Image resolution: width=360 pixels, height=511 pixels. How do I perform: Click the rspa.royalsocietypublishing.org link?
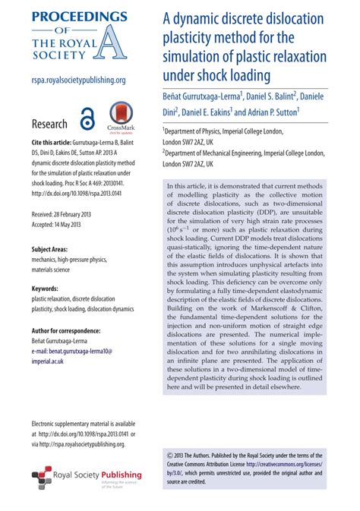pos(78,79)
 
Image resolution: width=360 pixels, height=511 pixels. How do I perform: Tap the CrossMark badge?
pos(121,118)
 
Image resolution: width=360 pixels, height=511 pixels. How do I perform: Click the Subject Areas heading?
pos(53,249)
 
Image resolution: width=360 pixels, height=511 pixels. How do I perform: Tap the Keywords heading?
pos(48,289)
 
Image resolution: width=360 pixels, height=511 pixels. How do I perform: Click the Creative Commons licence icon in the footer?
pos(169,454)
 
